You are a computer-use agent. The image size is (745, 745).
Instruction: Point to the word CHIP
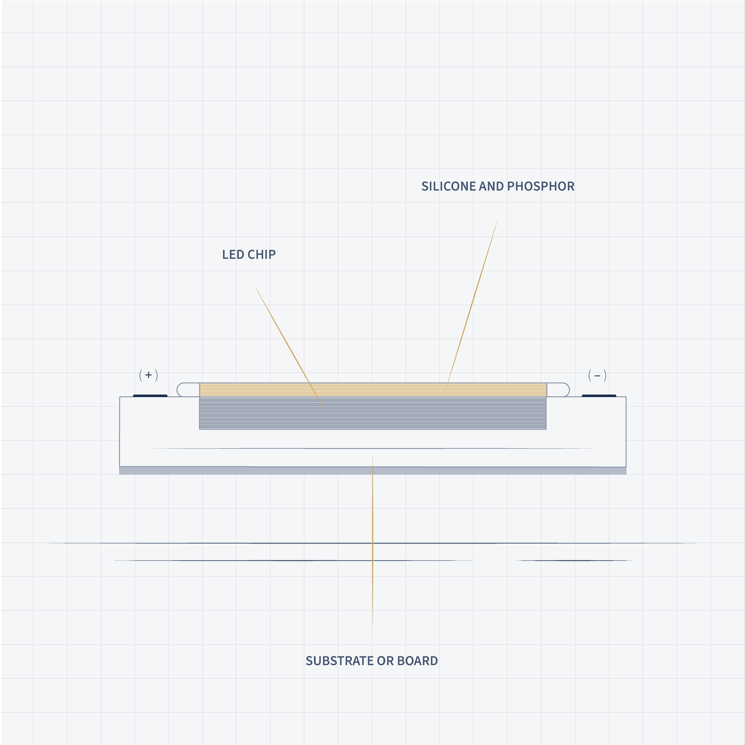262,254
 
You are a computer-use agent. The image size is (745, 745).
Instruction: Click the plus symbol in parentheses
148,375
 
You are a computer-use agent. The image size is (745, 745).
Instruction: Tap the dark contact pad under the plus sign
150,396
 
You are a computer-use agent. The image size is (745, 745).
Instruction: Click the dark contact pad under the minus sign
599,396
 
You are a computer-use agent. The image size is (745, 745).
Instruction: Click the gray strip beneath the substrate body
372,471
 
